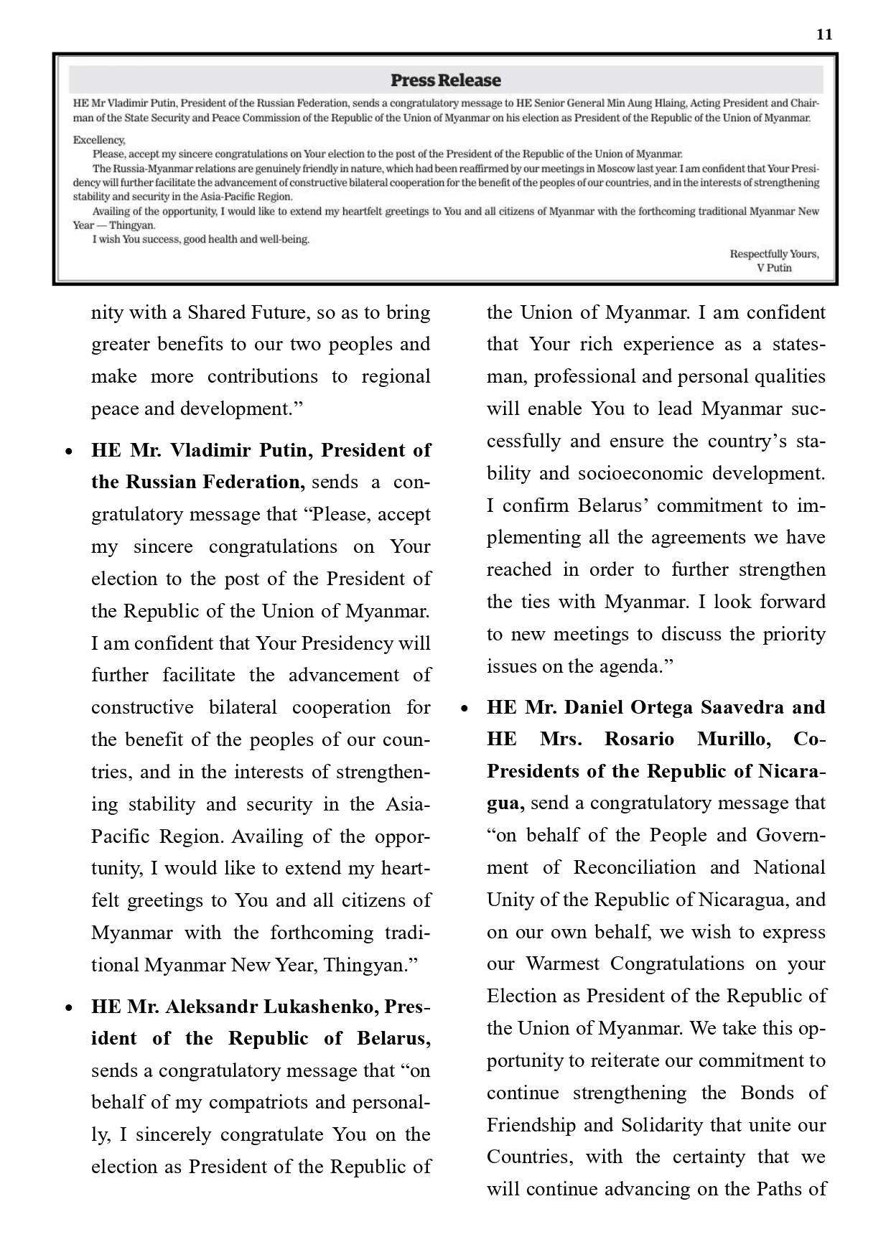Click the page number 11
point(824,34)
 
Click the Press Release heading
point(445,80)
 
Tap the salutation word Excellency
point(99,141)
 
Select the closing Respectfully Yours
point(774,254)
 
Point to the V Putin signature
point(774,268)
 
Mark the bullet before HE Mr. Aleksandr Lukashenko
point(69,1008)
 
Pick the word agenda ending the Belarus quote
point(633,666)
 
